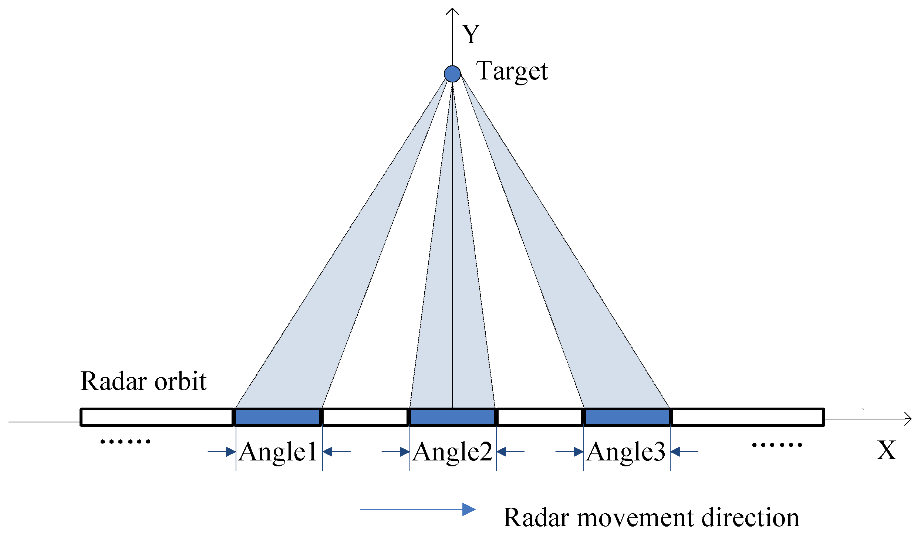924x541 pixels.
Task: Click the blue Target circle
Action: coord(452,74)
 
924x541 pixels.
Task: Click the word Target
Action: coord(512,71)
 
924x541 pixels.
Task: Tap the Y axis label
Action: coord(471,34)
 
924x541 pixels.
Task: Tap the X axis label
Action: coord(886,450)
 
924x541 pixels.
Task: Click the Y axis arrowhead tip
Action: coord(452,9)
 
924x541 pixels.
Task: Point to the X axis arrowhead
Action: coord(909,419)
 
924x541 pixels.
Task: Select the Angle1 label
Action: coord(278,452)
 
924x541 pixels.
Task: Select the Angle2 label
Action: coord(453,452)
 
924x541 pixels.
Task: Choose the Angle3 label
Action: coord(626,452)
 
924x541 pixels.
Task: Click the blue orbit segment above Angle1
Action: coord(278,417)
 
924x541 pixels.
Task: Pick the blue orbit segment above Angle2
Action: coord(452,417)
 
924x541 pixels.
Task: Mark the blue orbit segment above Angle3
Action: coord(627,417)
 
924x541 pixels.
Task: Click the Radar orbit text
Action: coord(144,381)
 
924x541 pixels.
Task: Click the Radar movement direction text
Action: coord(651,517)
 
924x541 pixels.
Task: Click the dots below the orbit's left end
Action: coord(125,441)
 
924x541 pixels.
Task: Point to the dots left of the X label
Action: coord(777,445)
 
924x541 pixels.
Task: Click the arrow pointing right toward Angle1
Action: coord(222,452)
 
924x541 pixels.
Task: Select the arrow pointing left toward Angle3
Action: coord(684,452)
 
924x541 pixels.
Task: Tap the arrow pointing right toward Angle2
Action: coord(396,452)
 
